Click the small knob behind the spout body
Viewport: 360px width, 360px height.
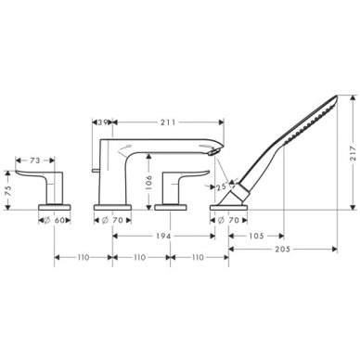(96, 168)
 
